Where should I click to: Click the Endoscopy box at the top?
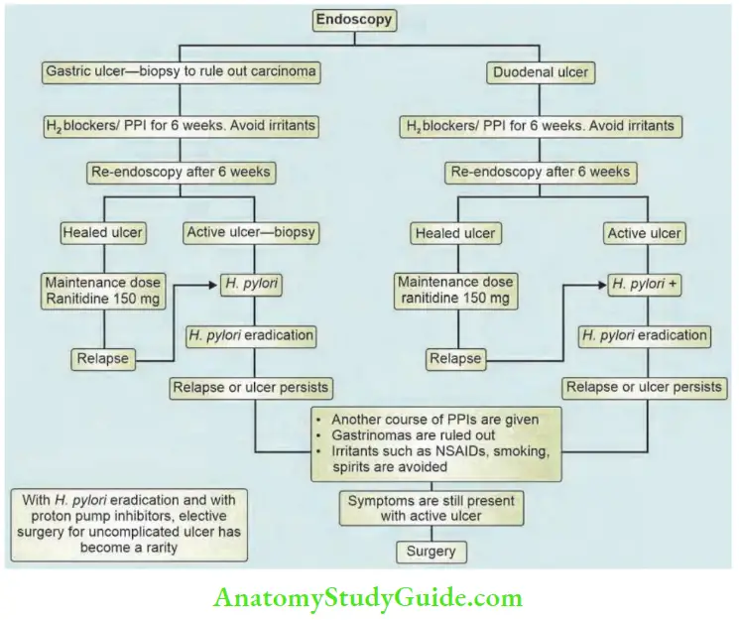353,18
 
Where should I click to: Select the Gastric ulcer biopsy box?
180,71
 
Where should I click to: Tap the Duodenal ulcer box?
540,72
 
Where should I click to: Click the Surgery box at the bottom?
430,551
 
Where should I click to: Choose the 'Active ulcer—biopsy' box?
249,233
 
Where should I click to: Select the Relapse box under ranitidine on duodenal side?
454,358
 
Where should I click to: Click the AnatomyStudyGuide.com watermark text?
369,598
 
